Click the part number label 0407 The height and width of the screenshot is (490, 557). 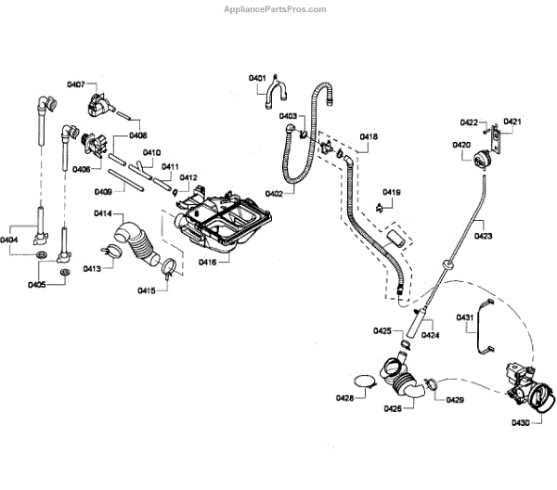click(76, 84)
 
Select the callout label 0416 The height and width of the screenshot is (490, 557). click(207, 263)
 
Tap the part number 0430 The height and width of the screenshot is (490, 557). click(521, 423)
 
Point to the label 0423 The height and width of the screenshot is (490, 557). click(483, 236)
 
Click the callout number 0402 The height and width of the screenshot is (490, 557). click(274, 194)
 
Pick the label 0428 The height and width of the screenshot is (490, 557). click(344, 400)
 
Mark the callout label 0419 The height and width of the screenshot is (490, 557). click(391, 192)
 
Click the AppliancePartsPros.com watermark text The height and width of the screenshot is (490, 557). click(276, 9)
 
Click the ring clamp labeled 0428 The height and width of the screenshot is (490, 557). click(366, 381)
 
